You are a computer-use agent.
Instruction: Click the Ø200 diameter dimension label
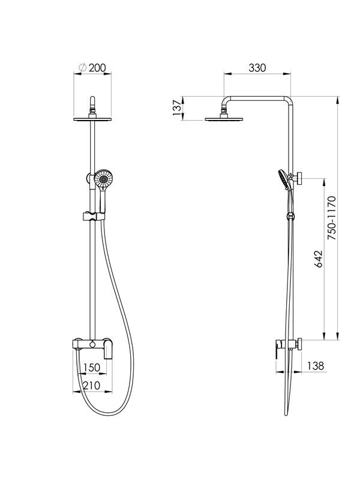92,68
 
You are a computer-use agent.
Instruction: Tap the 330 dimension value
257,68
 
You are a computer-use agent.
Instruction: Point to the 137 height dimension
177,108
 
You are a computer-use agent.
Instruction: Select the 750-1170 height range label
332,218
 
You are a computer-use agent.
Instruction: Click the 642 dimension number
319,259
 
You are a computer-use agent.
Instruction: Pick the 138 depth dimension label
316,365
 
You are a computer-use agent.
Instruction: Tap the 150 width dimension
92,367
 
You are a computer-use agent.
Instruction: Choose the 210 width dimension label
92,385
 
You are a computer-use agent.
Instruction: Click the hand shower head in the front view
103,179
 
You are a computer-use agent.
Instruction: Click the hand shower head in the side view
283,179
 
